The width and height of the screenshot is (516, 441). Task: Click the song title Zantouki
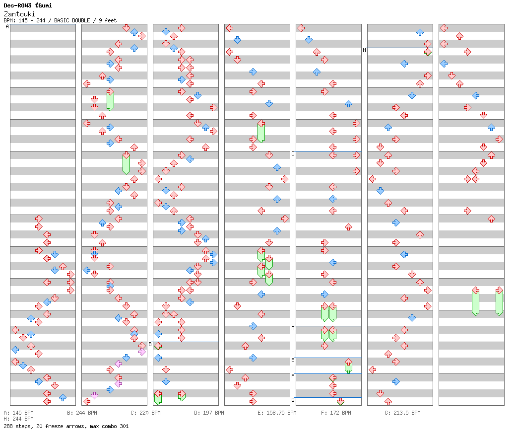pos(19,14)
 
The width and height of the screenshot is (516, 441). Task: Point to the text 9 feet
pos(108,20)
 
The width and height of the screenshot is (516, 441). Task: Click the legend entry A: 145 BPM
pos(18,413)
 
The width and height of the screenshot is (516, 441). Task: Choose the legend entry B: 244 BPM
pos(82,413)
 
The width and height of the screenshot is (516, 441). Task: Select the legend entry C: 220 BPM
pos(145,413)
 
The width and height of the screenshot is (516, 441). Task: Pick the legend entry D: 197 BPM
pos(209,413)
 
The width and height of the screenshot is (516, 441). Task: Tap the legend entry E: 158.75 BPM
pos(277,413)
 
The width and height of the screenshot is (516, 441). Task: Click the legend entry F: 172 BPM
pos(336,413)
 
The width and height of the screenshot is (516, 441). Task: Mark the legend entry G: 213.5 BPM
pos(402,413)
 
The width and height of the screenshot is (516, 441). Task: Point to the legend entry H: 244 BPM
pos(18,419)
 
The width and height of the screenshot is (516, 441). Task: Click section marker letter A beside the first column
pos(7,27)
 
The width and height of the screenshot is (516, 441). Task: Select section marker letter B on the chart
pos(150,344)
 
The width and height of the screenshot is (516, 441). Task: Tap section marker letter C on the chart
pos(293,153)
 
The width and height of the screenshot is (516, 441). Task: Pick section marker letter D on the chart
pos(293,328)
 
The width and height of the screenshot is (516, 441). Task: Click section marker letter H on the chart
pos(364,50)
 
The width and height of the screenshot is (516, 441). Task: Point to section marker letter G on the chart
pos(293,400)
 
